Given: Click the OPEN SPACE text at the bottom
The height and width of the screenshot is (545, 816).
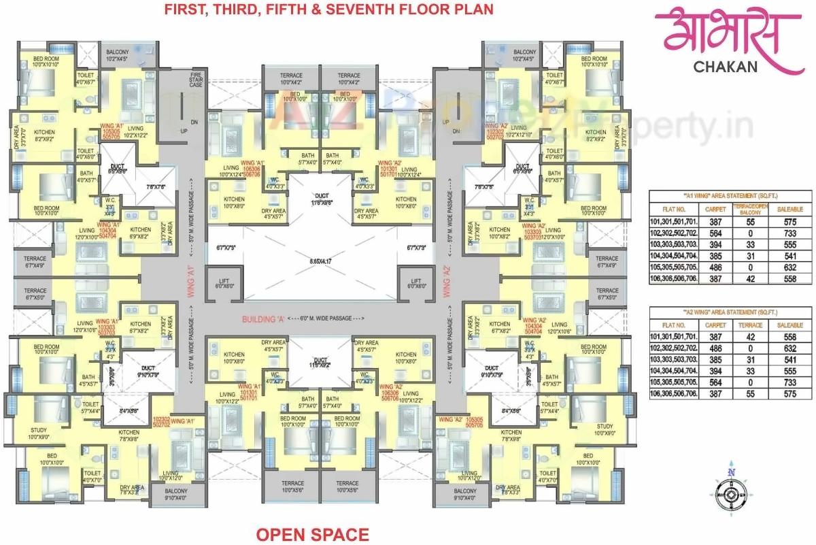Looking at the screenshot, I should coord(312,534).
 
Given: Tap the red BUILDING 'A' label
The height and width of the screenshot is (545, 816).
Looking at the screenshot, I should coord(262,318).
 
